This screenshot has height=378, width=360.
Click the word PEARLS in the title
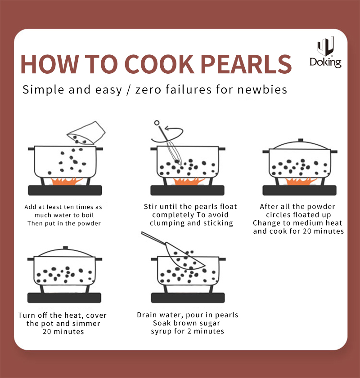coord(246,64)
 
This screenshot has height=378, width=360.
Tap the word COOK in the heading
coord(159,64)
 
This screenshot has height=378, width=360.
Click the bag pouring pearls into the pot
coord(86,133)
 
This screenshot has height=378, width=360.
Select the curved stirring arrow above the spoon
coord(167,134)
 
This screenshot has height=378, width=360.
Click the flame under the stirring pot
coord(189,181)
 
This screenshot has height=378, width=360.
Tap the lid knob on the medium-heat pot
coord(301,140)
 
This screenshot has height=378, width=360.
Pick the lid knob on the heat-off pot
coord(65,248)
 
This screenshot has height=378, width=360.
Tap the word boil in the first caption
coord(88,215)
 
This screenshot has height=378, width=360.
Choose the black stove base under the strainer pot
coord(188,298)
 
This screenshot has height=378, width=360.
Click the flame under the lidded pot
coord(301,181)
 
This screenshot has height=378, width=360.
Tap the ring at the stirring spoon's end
coord(157,123)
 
